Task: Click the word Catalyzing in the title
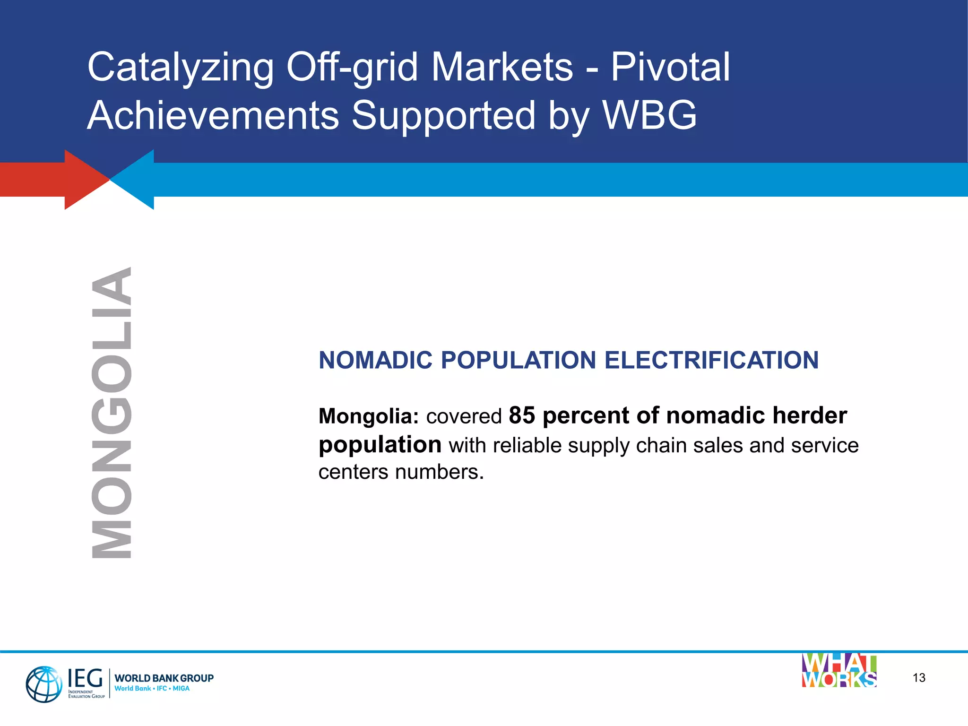tap(180, 68)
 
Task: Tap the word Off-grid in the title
tap(352, 68)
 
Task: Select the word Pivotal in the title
tap(670, 67)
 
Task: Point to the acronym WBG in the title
tap(649, 115)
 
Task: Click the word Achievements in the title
tap(213, 115)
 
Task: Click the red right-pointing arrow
tap(57, 180)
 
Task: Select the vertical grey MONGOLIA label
tap(112, 412)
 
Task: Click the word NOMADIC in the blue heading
tap(376, 360)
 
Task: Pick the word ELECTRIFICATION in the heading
tap(711, 360)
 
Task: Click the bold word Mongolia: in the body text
tap(369, 416)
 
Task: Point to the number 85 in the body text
tap(522, 415)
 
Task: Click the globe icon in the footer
tap(43, 684)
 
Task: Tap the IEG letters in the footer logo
tap(85, 678)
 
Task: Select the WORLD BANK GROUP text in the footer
tap(164, 678)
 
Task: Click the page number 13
tap(919, 678)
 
